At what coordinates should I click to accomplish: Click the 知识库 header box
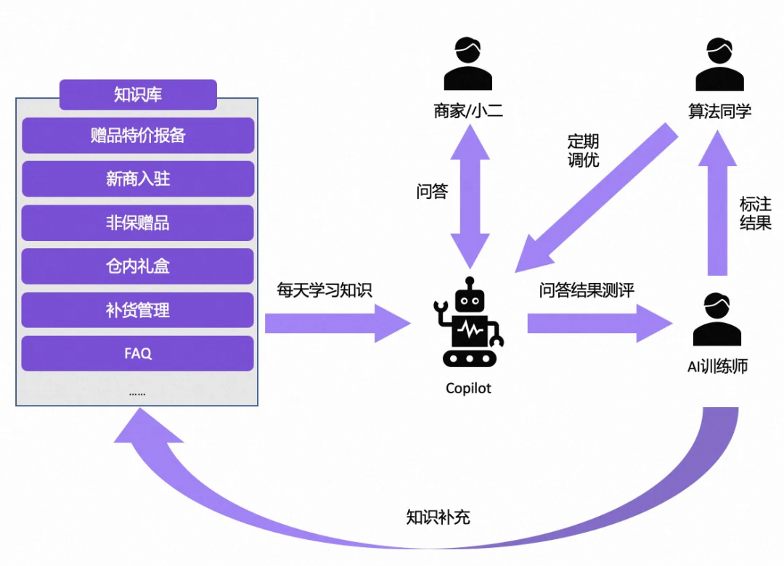click(138, 95)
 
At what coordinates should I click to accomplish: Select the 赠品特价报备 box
click(138, 136)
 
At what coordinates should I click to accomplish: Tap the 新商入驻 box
click(138, 179)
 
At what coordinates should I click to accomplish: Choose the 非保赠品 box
click(138, 223)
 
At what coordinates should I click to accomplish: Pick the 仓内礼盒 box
click(138, 266)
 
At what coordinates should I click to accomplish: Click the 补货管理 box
click(138, 311)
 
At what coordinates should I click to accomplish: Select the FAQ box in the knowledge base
click(138, 353)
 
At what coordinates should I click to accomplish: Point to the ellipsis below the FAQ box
click(137, 393)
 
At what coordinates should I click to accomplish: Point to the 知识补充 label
click(438, 517)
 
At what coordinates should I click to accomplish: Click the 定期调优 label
click(583, 150)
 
